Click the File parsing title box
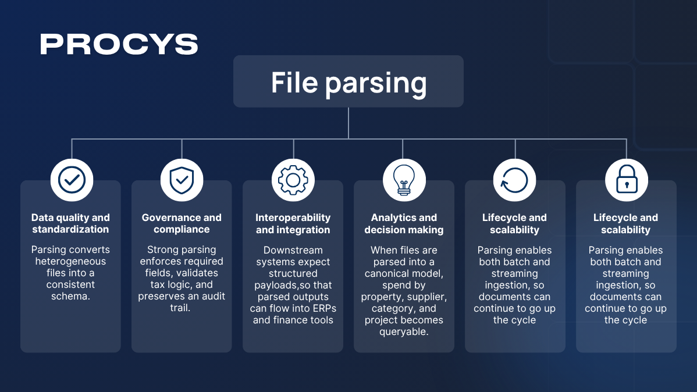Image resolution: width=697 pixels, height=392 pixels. tap(348, 81)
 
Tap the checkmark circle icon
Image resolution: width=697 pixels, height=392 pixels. tap(72, 180)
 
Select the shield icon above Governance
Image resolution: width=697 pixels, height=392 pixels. tap(182, 180)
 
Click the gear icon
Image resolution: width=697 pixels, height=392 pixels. tap(293, 180)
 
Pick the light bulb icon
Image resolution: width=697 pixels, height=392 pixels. tap(404, 180)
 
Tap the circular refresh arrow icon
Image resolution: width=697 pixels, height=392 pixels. tap(514, 180)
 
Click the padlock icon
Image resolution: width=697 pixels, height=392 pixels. tap(626, 180)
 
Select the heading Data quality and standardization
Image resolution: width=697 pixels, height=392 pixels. tap(70, 223)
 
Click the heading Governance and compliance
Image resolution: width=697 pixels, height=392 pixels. tap(182, 223)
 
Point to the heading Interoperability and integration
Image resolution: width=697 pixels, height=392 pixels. tap(293, 223)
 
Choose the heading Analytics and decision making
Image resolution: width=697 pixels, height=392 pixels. tap(404, 223)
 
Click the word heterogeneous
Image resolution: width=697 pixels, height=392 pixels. tap(70, 261)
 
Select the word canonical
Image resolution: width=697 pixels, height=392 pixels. tap(389, 273)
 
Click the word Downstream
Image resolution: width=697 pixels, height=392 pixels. tap(293, 250)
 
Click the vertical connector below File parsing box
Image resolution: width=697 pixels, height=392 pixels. tap(348, 123)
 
